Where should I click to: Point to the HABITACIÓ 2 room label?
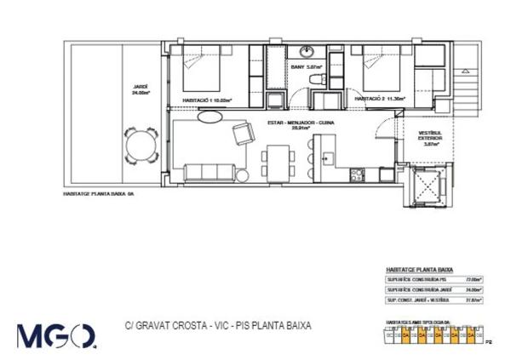click(x=380, y=99)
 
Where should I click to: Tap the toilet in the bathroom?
click(x=317, y=81)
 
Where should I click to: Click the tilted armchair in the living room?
click(x=242, y=133)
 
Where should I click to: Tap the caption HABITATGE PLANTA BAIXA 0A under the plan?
click(x=100, y=194)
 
